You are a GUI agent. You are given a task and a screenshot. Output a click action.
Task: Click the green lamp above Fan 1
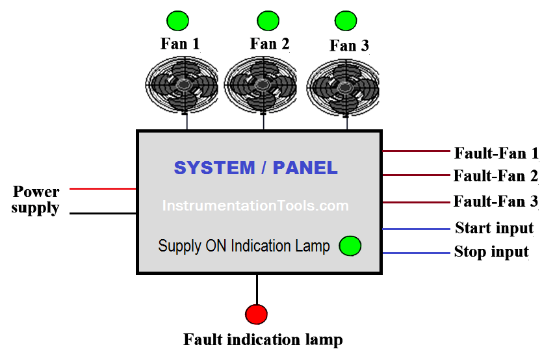pos(176,21)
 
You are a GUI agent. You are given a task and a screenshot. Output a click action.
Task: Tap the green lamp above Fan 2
pos(268,21)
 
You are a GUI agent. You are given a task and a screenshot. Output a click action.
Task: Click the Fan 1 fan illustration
pos(183,84)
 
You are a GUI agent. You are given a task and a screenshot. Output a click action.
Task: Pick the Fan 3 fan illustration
pos(342,86)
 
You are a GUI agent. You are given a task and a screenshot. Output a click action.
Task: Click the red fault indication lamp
pos(256,314)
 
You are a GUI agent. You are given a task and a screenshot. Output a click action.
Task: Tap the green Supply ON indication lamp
pos(350,246)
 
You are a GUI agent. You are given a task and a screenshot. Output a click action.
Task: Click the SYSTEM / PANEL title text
pos(255,168)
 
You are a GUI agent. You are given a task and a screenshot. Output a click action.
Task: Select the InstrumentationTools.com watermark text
pos(255,206)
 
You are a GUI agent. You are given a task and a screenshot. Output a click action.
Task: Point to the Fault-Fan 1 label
pos(496,153)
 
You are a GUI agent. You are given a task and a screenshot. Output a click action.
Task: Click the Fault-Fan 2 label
pos(496,175)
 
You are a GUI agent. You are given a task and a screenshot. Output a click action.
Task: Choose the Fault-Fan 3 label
pos(496,201)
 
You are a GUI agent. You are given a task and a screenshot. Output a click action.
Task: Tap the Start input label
pos(494,228)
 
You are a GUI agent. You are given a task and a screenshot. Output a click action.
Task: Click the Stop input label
pos(491,252)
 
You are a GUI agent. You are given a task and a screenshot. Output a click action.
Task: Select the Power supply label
pos(36,200)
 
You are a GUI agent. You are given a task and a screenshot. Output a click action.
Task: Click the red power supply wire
pos(102,189)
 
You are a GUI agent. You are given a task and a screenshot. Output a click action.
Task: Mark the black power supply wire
pos(102,213)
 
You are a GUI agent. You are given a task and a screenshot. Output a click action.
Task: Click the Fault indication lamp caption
pos(263,340)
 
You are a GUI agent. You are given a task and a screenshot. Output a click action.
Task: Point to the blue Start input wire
pos(416,229)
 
